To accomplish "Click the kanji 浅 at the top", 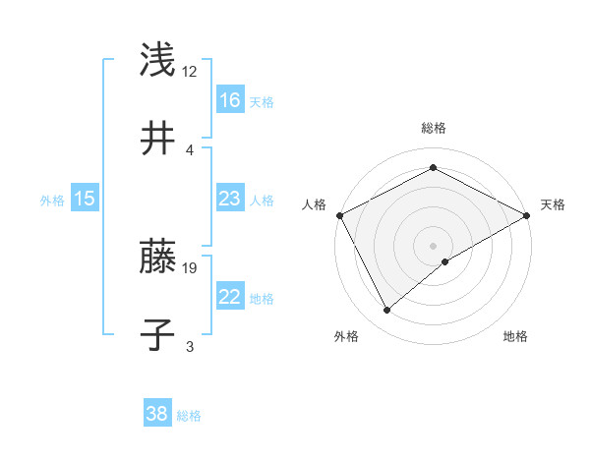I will click(158, 60).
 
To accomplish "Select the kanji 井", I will click(158, 139).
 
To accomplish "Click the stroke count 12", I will click(190, 72).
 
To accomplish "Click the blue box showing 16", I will click(229, 99).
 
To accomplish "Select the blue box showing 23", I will click(229, 199).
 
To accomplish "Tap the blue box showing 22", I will click(229, 297).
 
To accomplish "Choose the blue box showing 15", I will click(85, 199).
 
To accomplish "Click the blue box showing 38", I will click(157, 414).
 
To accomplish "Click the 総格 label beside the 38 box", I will click(189, 416).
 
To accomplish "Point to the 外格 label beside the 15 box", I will click(52, 200).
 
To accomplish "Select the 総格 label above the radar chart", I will click(433, 128).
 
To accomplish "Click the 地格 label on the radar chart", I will click(515, 337).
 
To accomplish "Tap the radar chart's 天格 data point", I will click(527, 215).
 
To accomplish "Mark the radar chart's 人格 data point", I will click(339, 215).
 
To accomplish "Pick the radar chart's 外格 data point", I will click(387, 310).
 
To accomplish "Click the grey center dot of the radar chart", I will click(433, 245).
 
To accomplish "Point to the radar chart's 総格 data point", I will click(433, 168).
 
